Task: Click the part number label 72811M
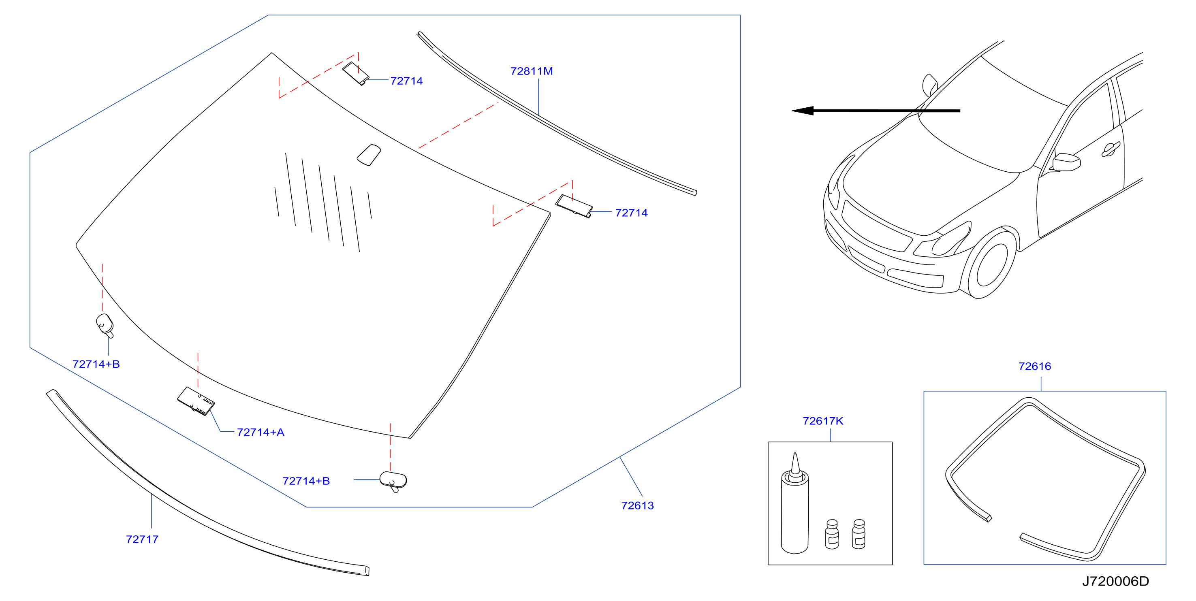point(531,71)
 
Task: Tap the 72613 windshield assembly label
point(637,505)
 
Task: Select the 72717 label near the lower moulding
point(142,539)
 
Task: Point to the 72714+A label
point(261,432)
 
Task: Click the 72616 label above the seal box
point(1034,366)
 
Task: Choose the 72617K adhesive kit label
point(823,421)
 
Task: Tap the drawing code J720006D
point(1115,581)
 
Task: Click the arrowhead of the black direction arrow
point(802,111)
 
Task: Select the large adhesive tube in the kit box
point(794,503)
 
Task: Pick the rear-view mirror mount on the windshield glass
point(369,155)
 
